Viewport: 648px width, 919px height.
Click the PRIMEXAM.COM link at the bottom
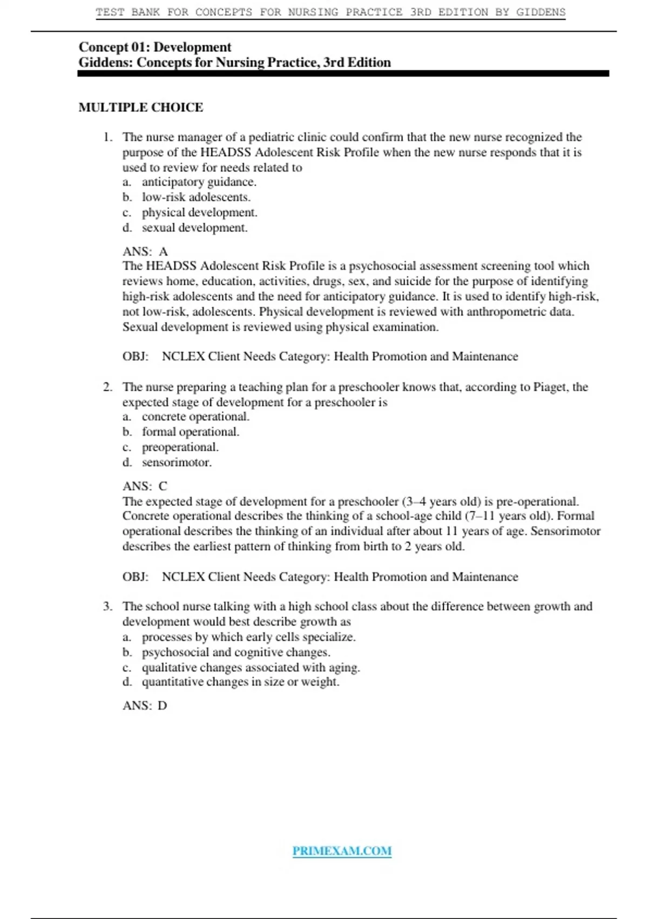(x=342, y=851)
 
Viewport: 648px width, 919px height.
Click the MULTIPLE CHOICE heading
(x=141, y=108)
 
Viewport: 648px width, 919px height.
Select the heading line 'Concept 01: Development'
(x=155, y=47)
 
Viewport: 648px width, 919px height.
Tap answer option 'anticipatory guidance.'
(x=199, y=182)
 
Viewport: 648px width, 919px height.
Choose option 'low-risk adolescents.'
(x=196, y=197)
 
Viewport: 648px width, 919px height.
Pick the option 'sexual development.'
(x=194, y=228)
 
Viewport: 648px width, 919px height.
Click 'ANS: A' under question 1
(x=145, y=251)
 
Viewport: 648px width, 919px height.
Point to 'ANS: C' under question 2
(x=145, y=486)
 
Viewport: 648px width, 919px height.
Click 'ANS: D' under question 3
(x=145, y=705)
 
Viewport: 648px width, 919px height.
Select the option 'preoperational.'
(x=180, y=447)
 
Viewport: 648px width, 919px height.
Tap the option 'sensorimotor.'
(x=177, y=462)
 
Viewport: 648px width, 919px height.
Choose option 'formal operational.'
(x=190, y=432)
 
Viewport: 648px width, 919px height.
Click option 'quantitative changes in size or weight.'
(x=240, y=682)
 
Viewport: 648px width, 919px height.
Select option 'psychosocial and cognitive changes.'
(x=236, y=652)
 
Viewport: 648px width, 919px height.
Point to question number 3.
(x=107, y=607)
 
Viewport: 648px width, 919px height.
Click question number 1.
(x=108, y=137)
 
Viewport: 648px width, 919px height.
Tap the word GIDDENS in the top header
(x=541, y=12)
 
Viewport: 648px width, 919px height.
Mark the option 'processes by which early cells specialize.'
(x=248, y=637)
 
